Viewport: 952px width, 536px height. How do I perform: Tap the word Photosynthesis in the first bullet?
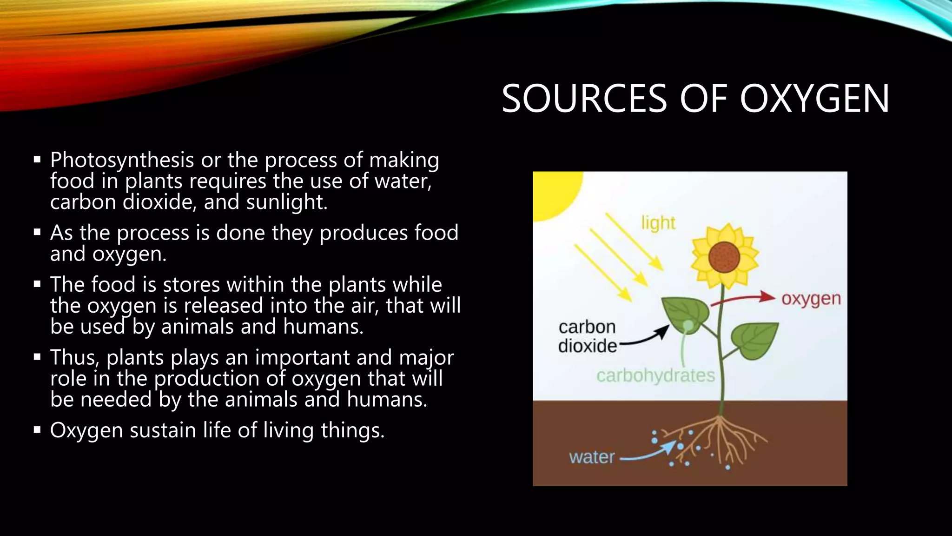point(122,160)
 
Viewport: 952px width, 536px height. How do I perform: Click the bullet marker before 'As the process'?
point(37,232)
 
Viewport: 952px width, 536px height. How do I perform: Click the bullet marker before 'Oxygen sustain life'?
point(37,429)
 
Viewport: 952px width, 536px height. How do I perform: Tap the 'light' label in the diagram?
point(658,223)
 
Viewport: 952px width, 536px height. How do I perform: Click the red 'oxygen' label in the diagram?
point(811,299)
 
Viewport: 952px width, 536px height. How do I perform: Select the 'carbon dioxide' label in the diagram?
point(587,336)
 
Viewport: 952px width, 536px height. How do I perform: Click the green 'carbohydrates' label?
point(655,375)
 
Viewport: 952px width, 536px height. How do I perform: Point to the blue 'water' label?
point(592,457)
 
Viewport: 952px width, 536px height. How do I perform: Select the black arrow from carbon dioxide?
point(646,337)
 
